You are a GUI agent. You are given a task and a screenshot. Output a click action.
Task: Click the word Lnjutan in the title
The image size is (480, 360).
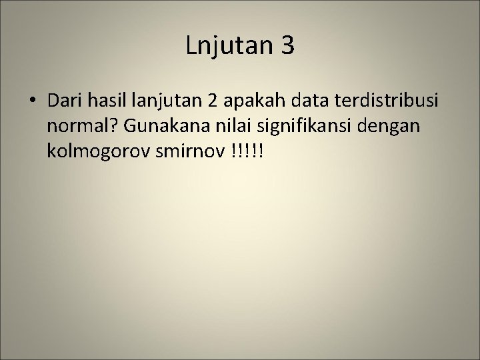tap(227, 47)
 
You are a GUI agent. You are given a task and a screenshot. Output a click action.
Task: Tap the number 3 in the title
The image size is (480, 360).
tap(285, 46)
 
